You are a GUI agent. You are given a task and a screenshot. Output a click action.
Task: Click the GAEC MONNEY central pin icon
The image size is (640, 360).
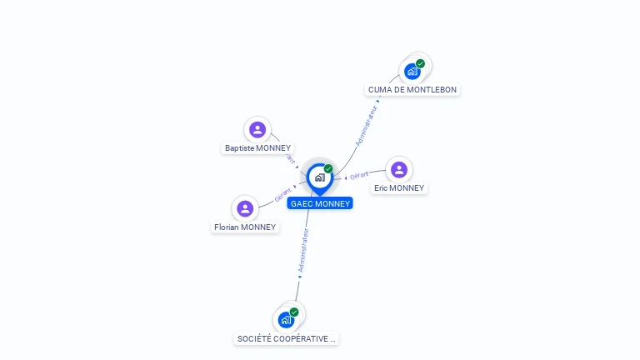pos(319,177)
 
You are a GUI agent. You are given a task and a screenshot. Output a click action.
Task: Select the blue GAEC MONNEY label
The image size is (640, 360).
pos(320,203)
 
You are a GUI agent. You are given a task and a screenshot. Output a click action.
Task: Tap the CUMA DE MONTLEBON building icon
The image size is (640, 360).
pos(412,72)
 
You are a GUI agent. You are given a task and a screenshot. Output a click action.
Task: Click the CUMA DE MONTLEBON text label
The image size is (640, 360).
pos(412,90)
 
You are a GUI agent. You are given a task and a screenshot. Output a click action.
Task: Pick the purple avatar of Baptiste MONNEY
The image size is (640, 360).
pos(257,129)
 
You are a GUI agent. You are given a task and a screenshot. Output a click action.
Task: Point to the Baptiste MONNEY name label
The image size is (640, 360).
pos(257,148)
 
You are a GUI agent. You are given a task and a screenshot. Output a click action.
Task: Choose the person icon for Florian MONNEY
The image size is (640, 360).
pos(245,208)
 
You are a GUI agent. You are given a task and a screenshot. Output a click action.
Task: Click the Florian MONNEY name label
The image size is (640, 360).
pos(245,227)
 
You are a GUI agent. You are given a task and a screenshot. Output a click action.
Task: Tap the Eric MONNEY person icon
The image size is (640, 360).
pos(399,170)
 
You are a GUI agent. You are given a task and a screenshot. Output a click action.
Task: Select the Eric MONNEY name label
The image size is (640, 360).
pos(399,188)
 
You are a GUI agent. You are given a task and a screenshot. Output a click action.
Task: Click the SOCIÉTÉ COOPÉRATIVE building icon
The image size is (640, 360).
pos(286,320)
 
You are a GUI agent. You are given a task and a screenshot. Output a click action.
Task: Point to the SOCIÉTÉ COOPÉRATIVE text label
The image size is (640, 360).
pos(287,339)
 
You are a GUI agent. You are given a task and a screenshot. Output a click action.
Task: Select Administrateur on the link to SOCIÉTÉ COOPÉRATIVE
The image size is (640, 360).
pos(303,252)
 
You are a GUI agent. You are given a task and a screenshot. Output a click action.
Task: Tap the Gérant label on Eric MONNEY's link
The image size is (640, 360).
pos(359,176)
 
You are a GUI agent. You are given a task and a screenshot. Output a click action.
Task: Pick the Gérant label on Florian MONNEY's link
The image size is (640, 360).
pos(283,195)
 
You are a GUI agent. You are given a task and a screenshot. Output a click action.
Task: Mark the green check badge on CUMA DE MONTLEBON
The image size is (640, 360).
pos(420,63)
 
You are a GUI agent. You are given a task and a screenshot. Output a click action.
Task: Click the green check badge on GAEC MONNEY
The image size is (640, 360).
pos(328,169)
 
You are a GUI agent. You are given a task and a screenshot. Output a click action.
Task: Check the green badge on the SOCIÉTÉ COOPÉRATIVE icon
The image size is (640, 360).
pos(294,312)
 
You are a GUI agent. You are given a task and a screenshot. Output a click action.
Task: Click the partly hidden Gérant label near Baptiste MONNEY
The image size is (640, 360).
pos(290,157)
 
